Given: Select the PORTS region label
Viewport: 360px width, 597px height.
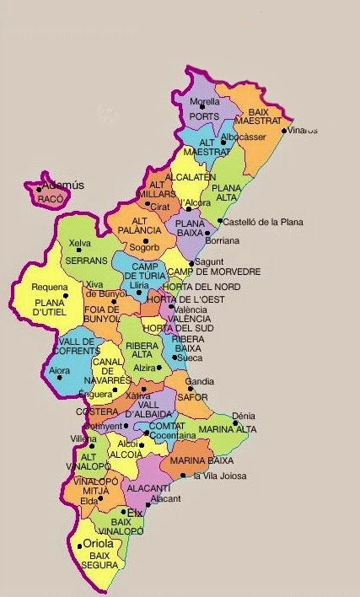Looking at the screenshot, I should [x=203, y=117].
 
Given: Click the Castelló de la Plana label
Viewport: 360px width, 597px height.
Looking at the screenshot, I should [x=263, y=223].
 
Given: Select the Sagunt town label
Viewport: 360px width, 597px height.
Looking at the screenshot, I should [x=208, y=262].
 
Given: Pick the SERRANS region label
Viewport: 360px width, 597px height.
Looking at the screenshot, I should [x=86, y=261].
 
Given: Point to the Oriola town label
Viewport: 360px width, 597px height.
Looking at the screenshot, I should [x=98, y=544].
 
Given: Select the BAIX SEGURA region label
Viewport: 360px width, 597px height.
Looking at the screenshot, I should [x=100, y=562].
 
